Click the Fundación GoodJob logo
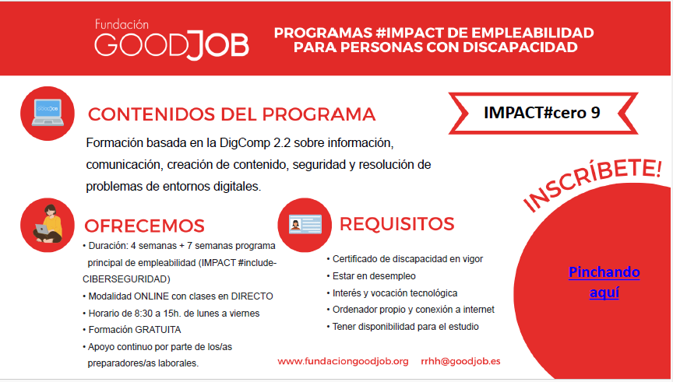(171, 40)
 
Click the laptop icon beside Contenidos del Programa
(48, 113)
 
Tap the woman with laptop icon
(48, 225)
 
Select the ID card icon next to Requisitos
(305, 225)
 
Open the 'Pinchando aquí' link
(604, 282)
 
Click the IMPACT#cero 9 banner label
(542, 112)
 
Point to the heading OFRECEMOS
(144, 226)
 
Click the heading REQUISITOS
(396, 224)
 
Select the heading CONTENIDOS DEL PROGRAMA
(232, 114)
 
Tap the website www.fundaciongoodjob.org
(343, 362)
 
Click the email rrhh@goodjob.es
(460, 362)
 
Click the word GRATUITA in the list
(158, 330)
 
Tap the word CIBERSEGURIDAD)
(126, 279)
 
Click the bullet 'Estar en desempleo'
(372, 276)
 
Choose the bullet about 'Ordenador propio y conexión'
(410, 310)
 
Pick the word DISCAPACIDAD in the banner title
(520, 47)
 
